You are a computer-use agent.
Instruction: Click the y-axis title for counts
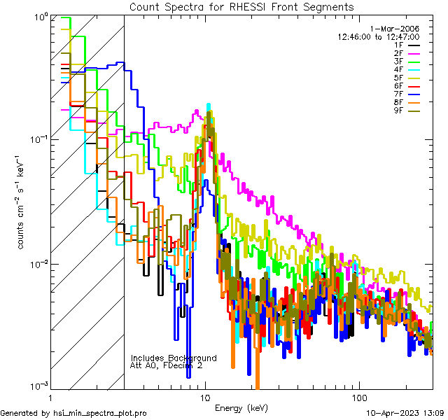(x=22, y=203)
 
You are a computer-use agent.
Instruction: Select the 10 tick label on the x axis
(x=204, y=397)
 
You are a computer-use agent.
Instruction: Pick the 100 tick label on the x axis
(x=358, y=397)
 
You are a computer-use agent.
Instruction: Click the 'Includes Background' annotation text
(x=174, y=358)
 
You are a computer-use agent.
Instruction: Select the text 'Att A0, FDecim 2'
(x=167, y=365)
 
